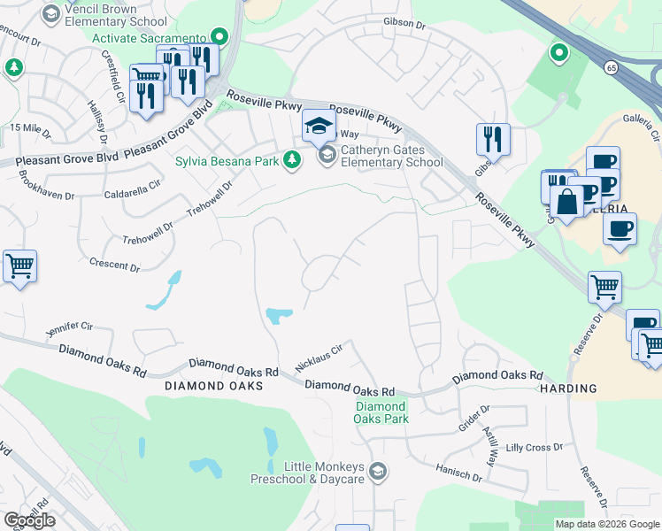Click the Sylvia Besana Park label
(227, 160)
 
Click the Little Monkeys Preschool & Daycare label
(324, 472)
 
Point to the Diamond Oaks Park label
(381, 412)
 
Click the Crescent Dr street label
(115, 264)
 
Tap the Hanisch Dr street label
(457, 475)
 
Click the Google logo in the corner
(29, 520)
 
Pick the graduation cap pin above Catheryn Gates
(319, 126)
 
